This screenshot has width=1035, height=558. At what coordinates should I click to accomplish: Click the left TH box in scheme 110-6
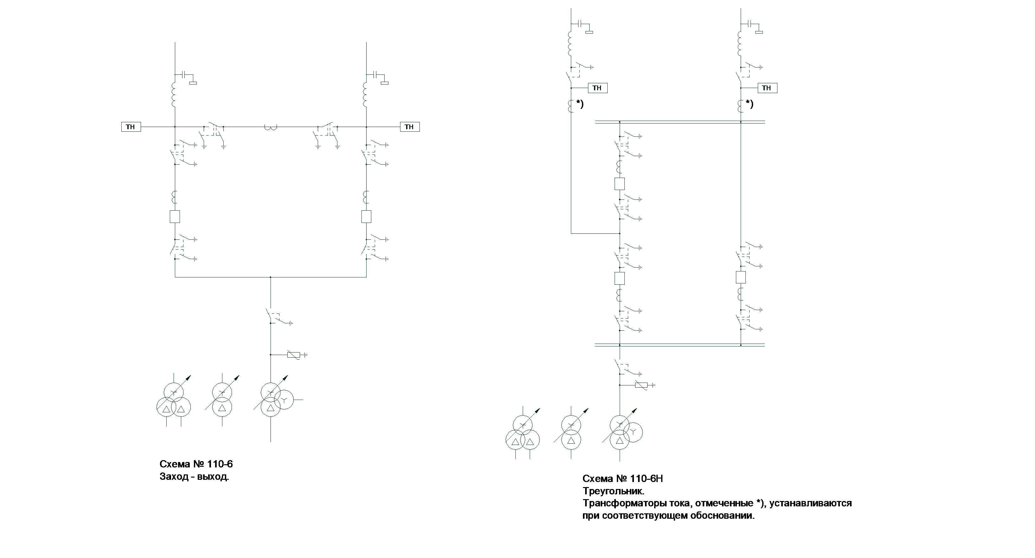(131, 127)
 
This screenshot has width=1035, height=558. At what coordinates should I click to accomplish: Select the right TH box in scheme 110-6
(409, 127)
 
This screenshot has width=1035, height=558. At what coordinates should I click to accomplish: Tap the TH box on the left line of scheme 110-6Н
(597, 88)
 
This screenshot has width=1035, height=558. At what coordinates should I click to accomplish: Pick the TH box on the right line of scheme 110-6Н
(767, 88)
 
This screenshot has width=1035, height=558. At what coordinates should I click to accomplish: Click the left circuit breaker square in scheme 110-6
(175, 217)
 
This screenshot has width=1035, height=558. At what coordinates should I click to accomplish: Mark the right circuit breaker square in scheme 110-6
(366, 217)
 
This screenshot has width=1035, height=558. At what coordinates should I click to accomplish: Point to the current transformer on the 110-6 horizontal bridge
(271, 128)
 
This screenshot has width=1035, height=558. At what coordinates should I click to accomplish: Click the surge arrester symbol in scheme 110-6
(293, 355)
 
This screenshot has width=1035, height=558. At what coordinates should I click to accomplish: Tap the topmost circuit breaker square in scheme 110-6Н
(620, 184)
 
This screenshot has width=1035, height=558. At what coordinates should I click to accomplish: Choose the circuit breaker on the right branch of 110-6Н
(740, 277)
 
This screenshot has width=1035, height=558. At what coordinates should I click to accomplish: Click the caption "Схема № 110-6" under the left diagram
(196, 464)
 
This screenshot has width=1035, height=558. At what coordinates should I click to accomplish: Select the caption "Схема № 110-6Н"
(623, 479)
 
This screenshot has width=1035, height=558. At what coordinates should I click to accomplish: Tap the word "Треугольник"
(613, 491)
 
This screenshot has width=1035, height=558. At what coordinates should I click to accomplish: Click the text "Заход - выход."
(194, 477)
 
